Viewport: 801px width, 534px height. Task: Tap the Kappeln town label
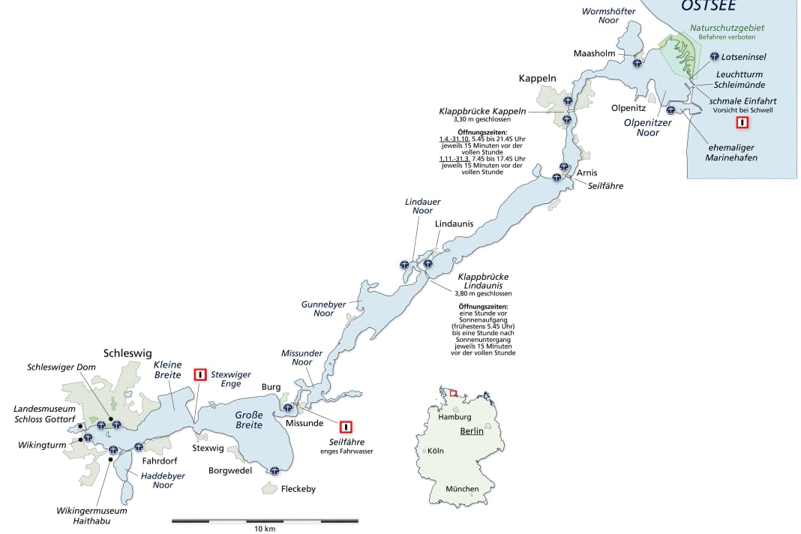(x=538, y=78)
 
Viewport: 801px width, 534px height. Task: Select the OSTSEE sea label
(x=708, y=6)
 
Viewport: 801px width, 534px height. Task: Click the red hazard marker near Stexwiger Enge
(x=200, y=374)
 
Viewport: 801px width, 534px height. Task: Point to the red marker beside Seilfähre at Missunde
(x=346, y=427)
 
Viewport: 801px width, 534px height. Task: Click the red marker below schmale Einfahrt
(x=742, y=123)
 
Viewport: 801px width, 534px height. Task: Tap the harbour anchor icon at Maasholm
(x=637, y=63)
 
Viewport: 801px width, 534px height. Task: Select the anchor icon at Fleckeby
(x=274, y=471)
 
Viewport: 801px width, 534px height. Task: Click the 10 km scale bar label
(x=265, y=529)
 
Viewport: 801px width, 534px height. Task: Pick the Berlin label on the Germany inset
(x=472, y=431)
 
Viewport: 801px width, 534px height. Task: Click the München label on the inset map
(x=462, y=489)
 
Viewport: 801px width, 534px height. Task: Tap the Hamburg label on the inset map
(x=455, y=417)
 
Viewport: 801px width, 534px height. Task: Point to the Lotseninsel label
(x=743, y=56)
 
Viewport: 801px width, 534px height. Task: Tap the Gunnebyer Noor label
(x=323, y=308)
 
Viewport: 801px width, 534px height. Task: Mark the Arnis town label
(x=587, y=173)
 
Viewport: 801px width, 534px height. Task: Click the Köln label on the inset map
(x=436, y=451)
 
